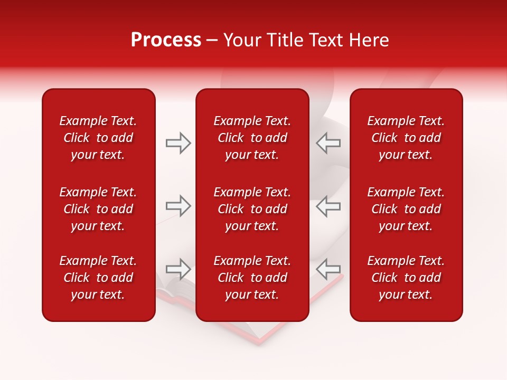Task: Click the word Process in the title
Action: (166, 40)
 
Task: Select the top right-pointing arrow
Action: (179, 143)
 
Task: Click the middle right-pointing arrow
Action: (179, 206)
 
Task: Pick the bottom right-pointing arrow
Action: (179, 269)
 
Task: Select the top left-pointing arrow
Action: (328, 143)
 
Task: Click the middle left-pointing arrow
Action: (328, 206)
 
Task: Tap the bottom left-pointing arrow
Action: (328, 269)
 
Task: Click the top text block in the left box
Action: (98, 138)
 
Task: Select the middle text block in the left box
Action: (98, 209)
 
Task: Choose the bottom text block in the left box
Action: (98, 278)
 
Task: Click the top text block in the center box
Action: (252, 138)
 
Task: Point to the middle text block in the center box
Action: (252, 209)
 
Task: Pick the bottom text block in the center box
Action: (252, 278)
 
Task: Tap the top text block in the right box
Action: (406, 138)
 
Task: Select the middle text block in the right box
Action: (406, 209)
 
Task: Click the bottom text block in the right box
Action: (406, 278)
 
